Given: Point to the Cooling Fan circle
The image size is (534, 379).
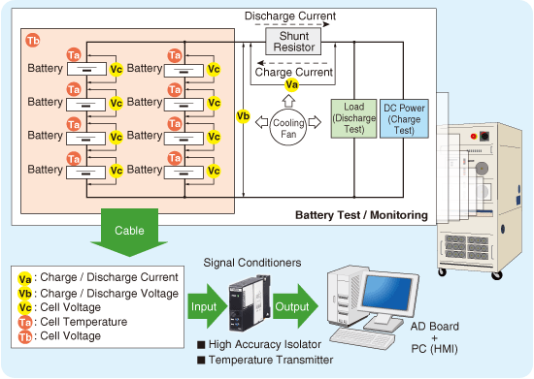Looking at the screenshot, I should click(290, 125).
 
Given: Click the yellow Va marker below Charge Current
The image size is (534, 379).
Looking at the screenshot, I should click(289, 85).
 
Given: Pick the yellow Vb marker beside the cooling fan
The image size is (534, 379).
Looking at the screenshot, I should click(243, 116).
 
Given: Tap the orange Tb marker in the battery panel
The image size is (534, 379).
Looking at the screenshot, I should click(33, 41).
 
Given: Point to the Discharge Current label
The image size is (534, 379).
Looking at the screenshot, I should click(290, 16).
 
